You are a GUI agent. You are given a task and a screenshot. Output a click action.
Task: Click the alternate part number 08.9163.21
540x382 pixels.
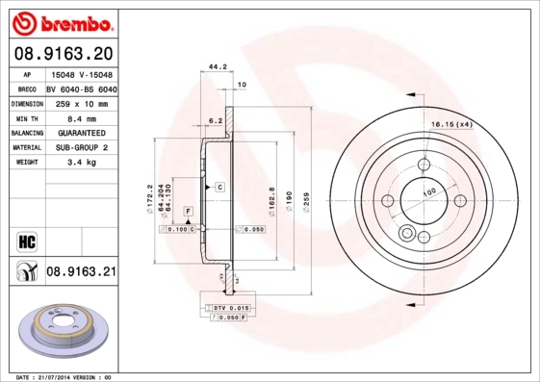tap(81, 272)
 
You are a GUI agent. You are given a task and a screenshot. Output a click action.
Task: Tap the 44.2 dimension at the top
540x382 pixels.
tap(218, 67)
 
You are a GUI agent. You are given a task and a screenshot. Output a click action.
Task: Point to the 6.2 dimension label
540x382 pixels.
tap(217, 121)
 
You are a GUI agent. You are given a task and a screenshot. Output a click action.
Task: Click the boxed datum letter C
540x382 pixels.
tap(219, 185)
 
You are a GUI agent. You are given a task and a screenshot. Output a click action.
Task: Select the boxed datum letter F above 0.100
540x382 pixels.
tap(187, 210)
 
